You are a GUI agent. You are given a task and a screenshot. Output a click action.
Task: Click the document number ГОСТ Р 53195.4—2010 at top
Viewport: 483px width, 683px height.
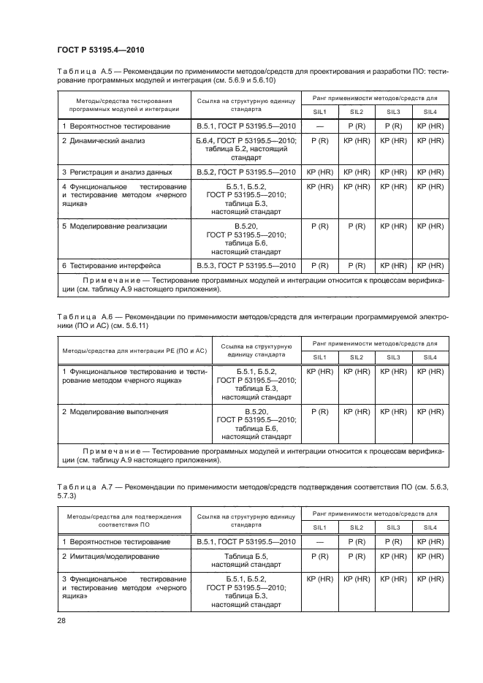coord(100,50)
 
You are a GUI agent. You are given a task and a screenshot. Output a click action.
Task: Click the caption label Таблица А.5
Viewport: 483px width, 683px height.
coord(84,72)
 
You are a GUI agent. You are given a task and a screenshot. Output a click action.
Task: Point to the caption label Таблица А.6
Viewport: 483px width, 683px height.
coord(84,316)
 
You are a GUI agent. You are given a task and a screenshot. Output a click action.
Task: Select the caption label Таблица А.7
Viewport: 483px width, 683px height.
coord(84,486)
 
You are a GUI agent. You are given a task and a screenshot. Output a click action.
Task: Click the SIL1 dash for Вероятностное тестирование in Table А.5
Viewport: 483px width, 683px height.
coord(319,127)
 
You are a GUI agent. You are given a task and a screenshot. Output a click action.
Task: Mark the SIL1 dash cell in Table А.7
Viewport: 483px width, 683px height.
coord(319,542)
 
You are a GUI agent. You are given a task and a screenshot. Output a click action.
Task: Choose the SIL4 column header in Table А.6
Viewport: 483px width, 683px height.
coord(430,356)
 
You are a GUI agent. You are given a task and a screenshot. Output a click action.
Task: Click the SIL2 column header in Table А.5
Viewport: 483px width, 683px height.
coord(357,112)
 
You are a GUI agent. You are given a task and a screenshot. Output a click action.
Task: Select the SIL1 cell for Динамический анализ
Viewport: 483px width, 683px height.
coord(319,140)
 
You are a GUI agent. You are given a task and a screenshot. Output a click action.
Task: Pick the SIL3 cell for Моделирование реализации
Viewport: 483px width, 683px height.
coord(393,226)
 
